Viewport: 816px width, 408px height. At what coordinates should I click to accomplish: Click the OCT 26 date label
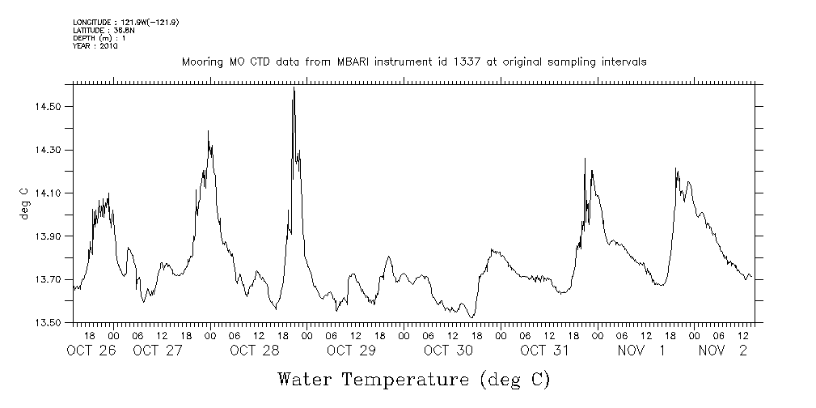tap(91, 351)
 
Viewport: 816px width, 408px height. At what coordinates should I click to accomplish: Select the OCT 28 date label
tap(255, 351)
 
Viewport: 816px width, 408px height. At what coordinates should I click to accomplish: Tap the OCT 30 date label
tap(448, 351)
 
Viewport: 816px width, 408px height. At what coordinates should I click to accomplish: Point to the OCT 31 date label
tap(545, 351)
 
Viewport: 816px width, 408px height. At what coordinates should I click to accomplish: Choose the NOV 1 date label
tap(642, 351)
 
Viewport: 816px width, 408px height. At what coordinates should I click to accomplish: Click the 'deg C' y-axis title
tap(23, 202)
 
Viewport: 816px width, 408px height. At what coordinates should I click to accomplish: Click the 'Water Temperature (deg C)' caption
tap(413, 379)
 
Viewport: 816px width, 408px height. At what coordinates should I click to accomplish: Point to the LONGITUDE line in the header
tap(125, 23)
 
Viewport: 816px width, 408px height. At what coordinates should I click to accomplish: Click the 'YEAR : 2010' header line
tap(95, 46)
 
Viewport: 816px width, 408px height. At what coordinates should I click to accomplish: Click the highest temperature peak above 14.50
tap(294, 90)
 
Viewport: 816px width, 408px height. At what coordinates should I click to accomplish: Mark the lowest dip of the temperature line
tap(472, 317)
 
